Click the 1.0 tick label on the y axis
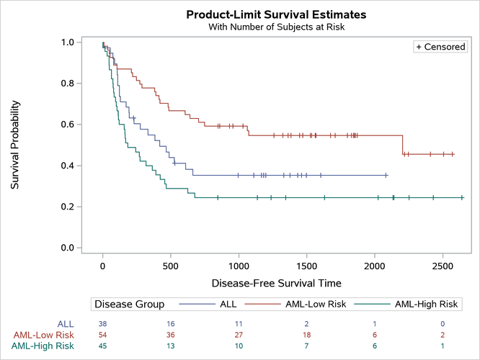pos(67,42)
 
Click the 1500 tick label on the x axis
pos(307,264)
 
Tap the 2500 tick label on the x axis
pos(443,264)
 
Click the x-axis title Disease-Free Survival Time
pos(276,283)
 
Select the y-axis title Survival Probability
pos(15,145)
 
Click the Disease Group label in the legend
pos(130,305)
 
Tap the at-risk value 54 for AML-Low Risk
pos(103,335)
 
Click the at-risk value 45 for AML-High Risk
pos(103,346)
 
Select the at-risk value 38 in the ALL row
pos(103,324)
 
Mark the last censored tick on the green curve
pos(462,197)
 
